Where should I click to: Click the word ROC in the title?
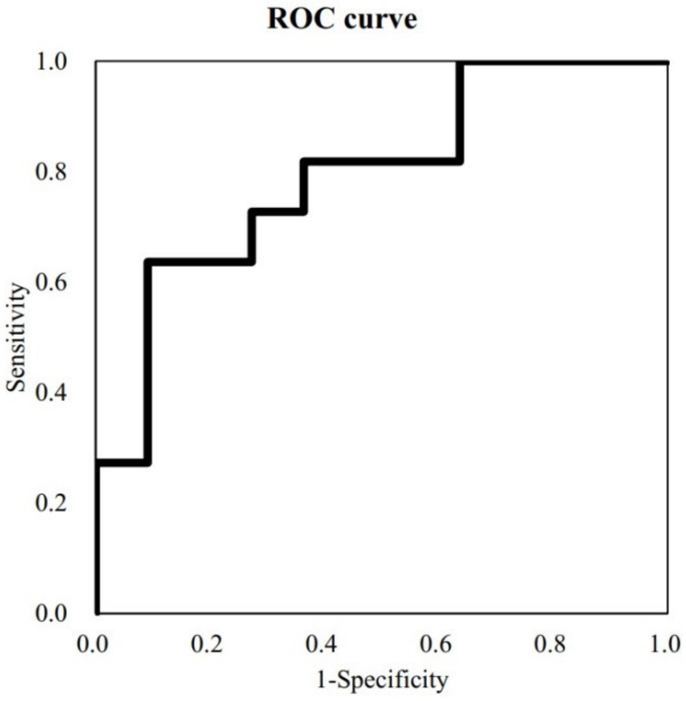pos(301,19)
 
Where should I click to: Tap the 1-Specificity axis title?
pos(382,680)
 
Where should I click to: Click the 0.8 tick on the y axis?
pos(51,172)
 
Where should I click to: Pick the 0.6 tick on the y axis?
pos(51,283)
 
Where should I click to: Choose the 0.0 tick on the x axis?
pos(92,644)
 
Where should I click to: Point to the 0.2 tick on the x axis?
pos(207,644)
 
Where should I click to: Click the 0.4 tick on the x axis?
pos(321,644)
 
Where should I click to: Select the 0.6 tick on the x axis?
pos(435,644)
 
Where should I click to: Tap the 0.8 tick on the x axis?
pos(550,644)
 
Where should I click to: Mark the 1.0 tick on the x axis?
pos(665,644)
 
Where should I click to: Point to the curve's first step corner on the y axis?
pos(97,462)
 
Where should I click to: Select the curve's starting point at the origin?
pos(97,612)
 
